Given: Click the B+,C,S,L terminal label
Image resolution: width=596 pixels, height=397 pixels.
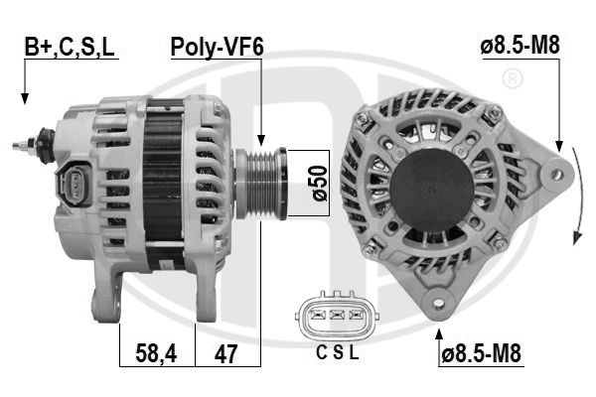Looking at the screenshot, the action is (70, 47).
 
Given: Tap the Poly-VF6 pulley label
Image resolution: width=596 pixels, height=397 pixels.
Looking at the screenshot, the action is (217, 47).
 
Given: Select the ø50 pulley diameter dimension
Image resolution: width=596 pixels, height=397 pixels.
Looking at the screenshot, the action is (319, 183).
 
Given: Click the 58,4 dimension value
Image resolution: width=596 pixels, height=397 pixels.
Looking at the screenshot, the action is (156, 353).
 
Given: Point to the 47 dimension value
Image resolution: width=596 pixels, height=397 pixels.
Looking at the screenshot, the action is (225, 354).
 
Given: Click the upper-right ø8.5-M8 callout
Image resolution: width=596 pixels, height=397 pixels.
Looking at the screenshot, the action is (520, 46).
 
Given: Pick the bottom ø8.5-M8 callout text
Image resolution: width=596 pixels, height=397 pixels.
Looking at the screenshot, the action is (481, 354).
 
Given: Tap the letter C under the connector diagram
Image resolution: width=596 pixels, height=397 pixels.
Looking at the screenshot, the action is (322, 353).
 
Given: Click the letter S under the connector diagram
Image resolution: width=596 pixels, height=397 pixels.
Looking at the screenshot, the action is (338, 353).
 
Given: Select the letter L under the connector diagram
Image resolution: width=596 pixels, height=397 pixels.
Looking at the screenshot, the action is (354, 353).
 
